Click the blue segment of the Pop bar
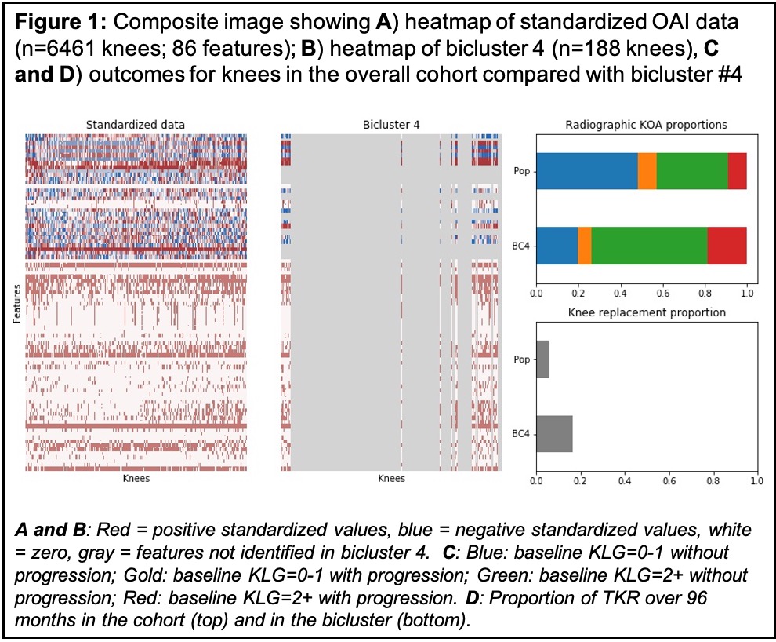[586, 171]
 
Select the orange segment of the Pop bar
[647, 171]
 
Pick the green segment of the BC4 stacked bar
[649, 245]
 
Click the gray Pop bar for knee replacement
[542, 360]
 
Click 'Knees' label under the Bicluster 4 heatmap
[390, 478]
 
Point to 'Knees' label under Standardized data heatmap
[136, 478]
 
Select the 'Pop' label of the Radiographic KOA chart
[520, 171]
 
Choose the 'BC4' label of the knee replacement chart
[520, 433]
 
